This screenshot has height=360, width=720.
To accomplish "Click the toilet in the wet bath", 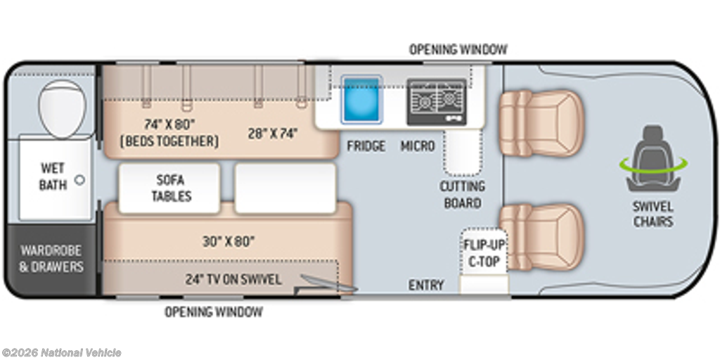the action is tap(62, 109).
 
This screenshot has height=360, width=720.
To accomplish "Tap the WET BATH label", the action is tap(53, 176).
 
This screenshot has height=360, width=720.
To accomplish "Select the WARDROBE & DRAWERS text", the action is tap(51, 259).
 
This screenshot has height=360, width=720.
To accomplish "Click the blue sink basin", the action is tap(361, 100).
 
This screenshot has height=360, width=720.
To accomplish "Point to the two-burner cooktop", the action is tap(437, 102).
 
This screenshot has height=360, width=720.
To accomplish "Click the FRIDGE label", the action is tap(366, 146).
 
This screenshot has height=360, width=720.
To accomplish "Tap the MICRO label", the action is tap(418, 146).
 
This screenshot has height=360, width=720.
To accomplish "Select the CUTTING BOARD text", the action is tap(463, 195).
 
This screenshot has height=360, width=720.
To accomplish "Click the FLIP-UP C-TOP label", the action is tap(484, 253).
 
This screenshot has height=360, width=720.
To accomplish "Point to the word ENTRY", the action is tap(426, 285).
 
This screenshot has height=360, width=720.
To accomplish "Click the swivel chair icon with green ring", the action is tap(653, 159).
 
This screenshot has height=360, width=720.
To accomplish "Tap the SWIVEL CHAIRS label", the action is tap(653, 214).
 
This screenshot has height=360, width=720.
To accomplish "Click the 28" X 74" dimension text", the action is tap(274, 134).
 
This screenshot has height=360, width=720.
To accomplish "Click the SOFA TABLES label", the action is tap(172, 188).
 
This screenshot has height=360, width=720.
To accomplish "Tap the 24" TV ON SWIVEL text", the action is tap(233, 279).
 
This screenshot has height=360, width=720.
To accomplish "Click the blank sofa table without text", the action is tap(285, 188).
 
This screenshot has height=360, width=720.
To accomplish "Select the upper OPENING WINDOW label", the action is tap(458, 49).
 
